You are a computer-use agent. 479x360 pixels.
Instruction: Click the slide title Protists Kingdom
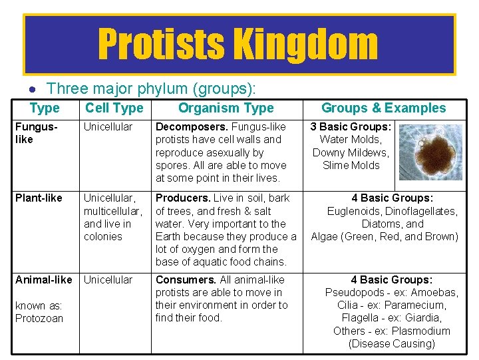[x=238, y=44]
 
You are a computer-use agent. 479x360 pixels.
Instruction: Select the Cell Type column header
[x=114, y=108]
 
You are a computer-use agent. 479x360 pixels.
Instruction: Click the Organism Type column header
[x=226, y=108]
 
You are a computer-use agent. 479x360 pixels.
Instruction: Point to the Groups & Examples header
[x=383, y=108]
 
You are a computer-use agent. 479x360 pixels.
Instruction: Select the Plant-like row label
[x=39, y=198]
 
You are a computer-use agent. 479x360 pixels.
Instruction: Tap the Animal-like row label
[x=43, y=279]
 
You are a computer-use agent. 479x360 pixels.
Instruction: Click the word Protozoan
[x=39, y=318]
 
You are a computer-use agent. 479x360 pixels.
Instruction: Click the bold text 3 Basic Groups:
[x=351, y=126]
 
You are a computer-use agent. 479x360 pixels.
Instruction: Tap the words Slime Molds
[x=351, y=165]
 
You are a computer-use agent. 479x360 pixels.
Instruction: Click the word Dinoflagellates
[x=419, y=211]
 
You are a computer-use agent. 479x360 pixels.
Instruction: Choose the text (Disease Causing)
[x=391, y=343]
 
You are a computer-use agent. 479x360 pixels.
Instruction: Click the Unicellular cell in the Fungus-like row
[x=108, y=126]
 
